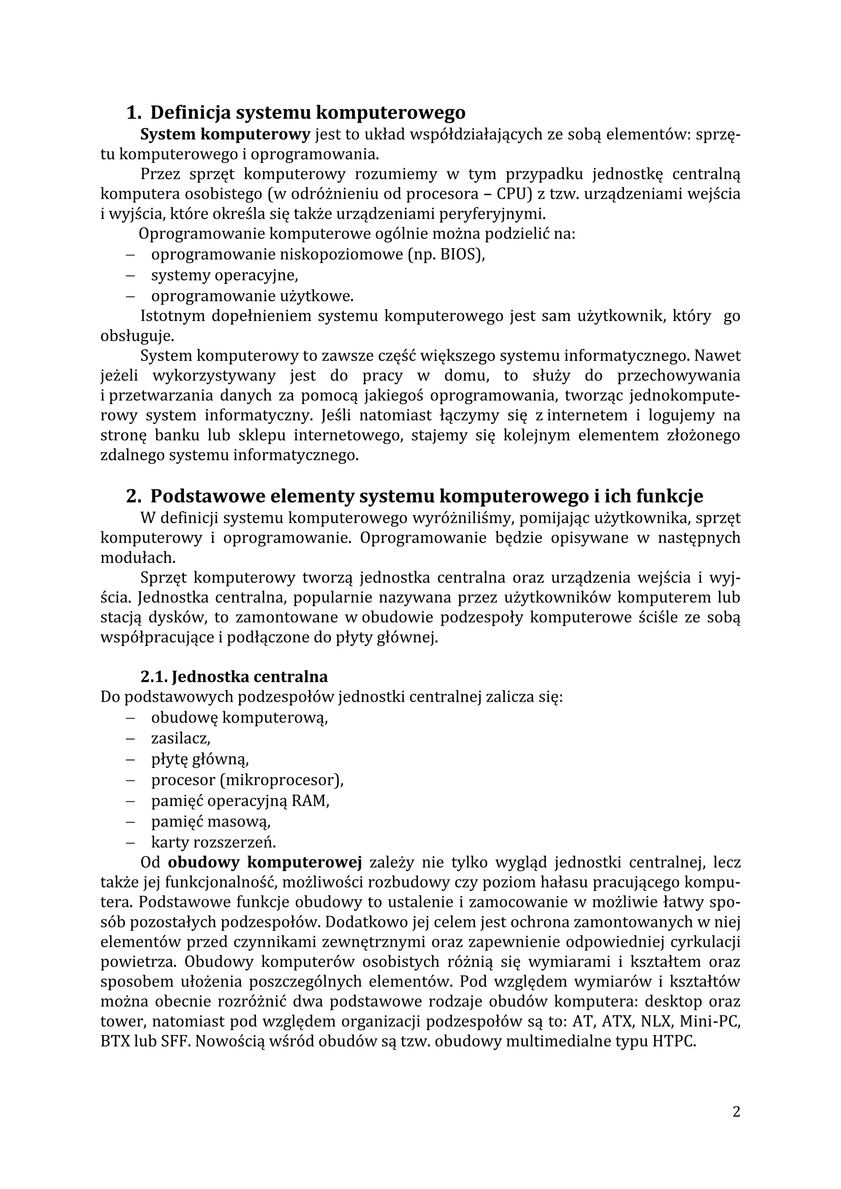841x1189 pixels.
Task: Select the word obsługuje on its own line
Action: coord(137,336)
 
